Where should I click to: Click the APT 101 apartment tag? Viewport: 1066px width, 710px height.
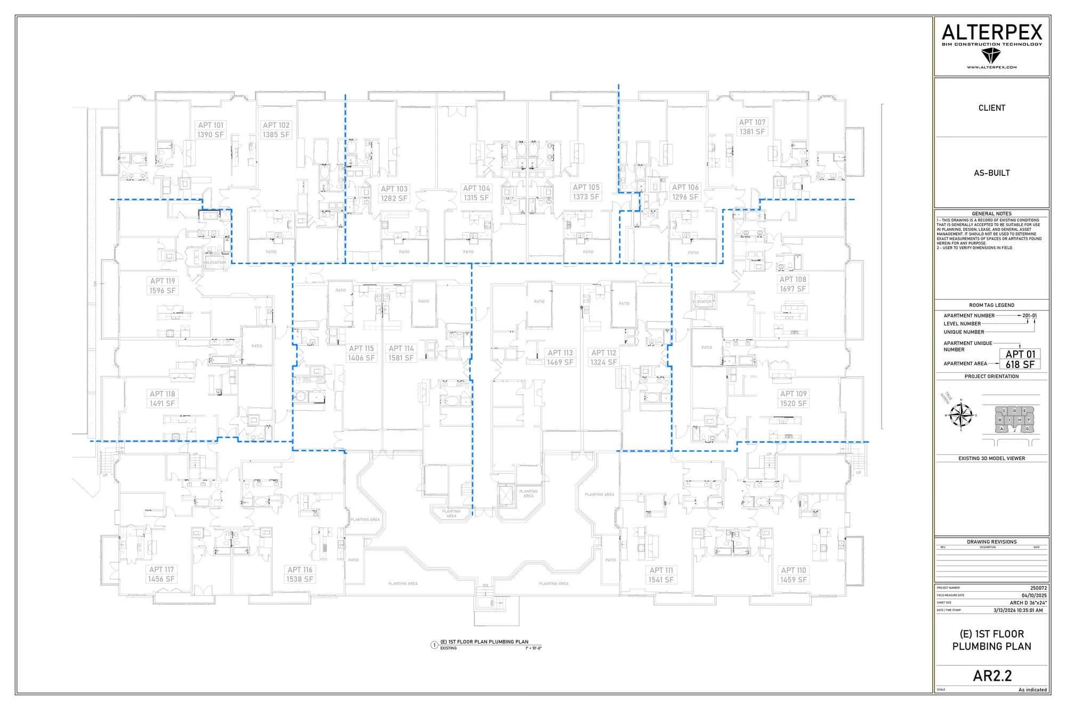(211, 130)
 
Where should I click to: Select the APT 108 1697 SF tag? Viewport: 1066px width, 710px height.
(793, 284)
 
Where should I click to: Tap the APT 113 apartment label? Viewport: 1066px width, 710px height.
(560, 357)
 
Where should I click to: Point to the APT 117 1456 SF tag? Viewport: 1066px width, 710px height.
(161, 574)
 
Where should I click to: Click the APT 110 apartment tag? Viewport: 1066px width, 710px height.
(793, 575)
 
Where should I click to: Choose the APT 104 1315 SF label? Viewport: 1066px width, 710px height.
(476, 193)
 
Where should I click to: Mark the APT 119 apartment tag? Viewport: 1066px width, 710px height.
(162, 285)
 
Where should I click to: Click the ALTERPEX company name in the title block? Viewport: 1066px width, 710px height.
(991, 33)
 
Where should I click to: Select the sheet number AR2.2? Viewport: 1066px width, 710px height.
(992, 676)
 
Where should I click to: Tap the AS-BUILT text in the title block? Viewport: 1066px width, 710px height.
(991, 173)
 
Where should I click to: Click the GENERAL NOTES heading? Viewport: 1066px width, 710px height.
(991, 214)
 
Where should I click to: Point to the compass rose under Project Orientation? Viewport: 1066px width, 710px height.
(962, 415)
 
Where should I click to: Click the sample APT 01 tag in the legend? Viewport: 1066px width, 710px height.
(1020, 359)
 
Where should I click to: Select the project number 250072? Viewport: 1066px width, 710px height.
(1038, 588)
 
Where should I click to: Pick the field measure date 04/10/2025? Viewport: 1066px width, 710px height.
(1034, 595)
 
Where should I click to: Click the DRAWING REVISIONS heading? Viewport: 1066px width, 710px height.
(991, 542)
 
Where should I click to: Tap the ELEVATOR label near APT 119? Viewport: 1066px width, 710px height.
(216, 263)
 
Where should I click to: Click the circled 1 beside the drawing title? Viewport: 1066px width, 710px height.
(434, 645)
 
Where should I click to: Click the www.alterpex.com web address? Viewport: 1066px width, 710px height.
(991, 67)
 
